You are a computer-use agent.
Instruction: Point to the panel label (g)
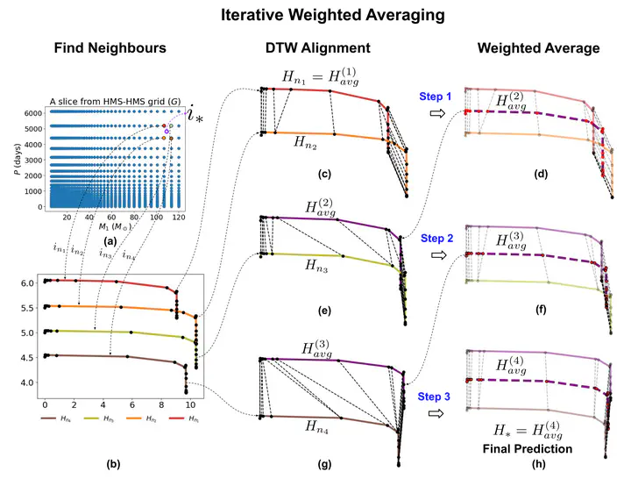(323, 462)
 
